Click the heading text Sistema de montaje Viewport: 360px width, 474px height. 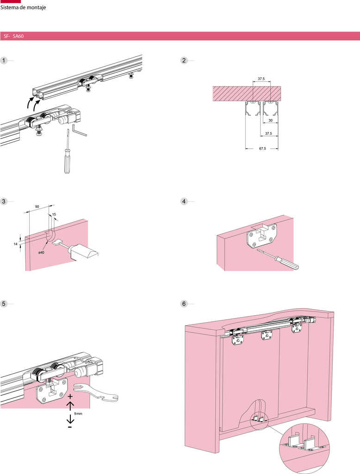coord(23,7)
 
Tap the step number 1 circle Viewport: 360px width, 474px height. coord(4,61)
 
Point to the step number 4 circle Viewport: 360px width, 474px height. coord(184,201)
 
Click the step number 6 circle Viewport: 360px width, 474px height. coord(184,304)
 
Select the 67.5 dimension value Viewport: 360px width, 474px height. coord(261,149)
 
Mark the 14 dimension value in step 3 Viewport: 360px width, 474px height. coord(16,243)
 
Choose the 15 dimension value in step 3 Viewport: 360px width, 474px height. coord(54,214)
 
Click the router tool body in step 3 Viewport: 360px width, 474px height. coord(83,253)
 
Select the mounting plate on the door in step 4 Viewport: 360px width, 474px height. coord(261,235)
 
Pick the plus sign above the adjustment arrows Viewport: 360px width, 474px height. coord(70,397)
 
